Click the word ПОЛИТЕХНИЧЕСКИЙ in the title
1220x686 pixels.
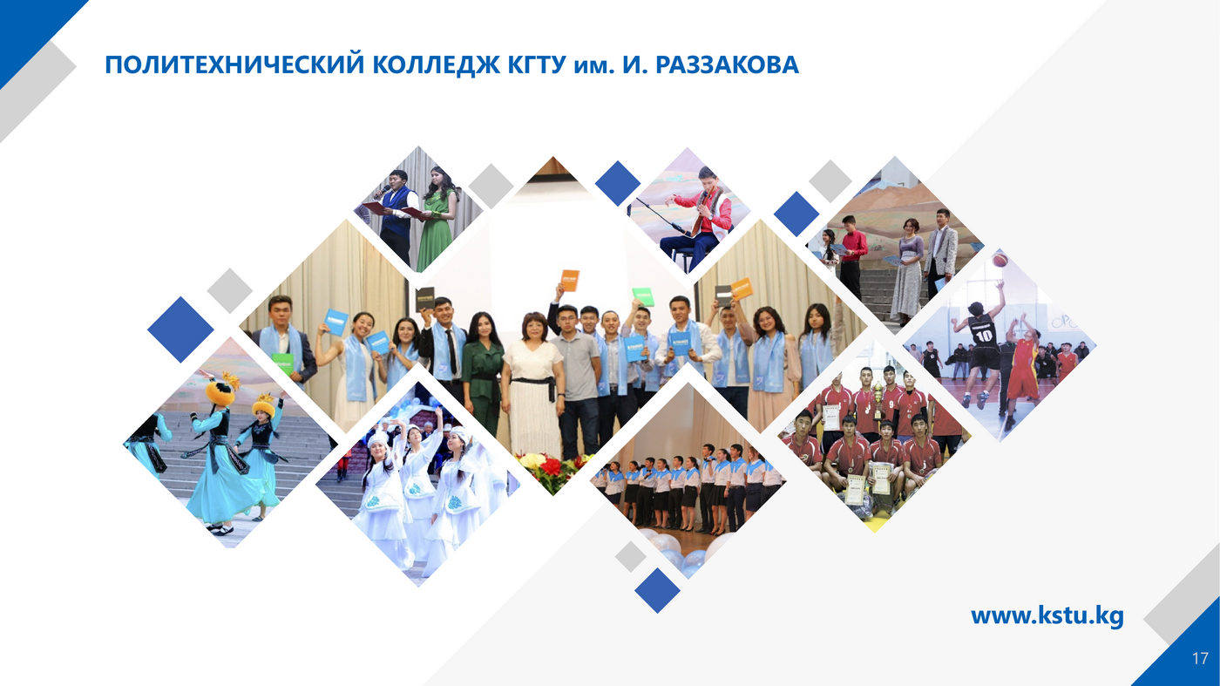234,65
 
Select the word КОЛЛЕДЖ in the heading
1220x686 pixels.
436,65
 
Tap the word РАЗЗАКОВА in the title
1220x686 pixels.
727,65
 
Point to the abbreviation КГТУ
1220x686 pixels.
538,65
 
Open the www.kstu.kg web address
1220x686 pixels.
1047,616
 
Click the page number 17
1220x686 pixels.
1200,658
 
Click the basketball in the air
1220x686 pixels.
1000,260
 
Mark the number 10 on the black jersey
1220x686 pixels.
984,336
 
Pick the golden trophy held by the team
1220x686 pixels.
878,399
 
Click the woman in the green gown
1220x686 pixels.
435,217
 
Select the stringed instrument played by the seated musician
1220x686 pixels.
701,210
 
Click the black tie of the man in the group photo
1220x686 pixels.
451,351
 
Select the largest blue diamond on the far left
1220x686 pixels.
180,329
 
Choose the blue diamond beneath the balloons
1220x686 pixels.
657,591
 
